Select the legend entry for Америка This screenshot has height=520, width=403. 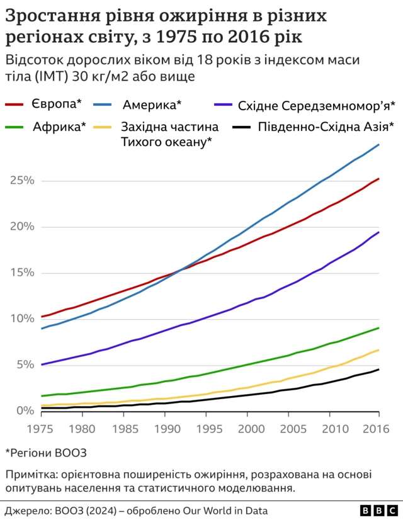pyautogui.click(x=152, y=104)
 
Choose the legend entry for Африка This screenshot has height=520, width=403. pyautogui.click(x=59, y=126)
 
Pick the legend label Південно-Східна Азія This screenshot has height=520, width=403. pyautogui.click(x=326, y=127)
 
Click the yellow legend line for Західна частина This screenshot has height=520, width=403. pyautogui.click(x=108, y=127)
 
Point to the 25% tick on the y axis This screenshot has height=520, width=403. pyautogui.click(x=21, y=181)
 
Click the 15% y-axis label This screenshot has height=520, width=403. pyautogui.click(x=21, y=273)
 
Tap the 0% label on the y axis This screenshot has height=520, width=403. pyautogui.click(x=25, y=410)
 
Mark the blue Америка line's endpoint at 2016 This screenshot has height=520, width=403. pyautogui.click(x=379, y=145)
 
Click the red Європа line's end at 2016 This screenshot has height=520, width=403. pyautogui.click(x=379, y=179)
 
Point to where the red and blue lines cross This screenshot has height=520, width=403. pyautogui.click(x=181, y=269)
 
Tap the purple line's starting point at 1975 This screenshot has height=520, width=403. pyautogui.click(x=42, y=365)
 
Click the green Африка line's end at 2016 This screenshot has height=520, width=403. pyautogui.click(x=379, y=327)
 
